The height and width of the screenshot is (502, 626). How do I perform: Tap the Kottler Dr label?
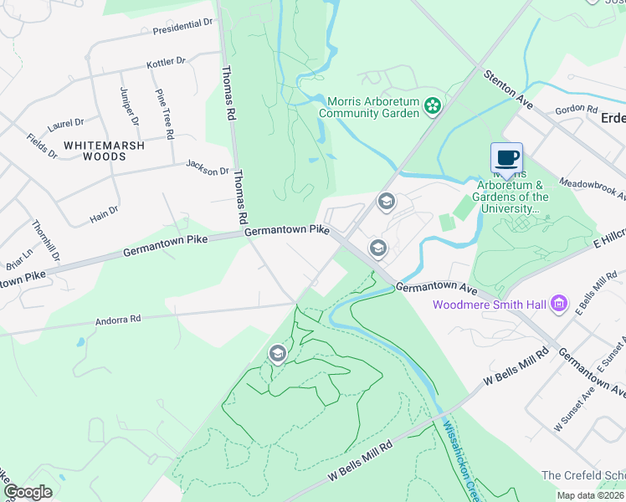pyautogui.click(x=166, y=63)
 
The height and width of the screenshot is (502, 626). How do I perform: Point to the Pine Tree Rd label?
pyautogui.click(x=163, y=115)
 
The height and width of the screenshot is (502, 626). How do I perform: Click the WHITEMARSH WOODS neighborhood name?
pyautogui.click(x=105, y=151)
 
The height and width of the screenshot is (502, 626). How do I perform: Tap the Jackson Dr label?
pyautogui.click(x=207, y=167)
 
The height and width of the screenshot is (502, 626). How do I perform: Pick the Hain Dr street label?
pyautogui.click(x=104, y=215)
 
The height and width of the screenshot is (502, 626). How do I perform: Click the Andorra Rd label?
pyautogui.click(x=118, y=319)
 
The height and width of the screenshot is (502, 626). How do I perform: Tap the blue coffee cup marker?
pyautogui.click(x=506, y=157)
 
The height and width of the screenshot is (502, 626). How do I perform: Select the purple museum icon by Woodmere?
pyautogui.click(x=561, y=303)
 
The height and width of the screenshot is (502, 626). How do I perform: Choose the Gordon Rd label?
pyautogui.click(x=576, y=109)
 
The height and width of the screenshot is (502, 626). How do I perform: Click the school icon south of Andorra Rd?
pyautogui.click(x=277, y=354)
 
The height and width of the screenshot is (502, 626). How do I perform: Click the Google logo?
pyautogui.click(x=28, y=491)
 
